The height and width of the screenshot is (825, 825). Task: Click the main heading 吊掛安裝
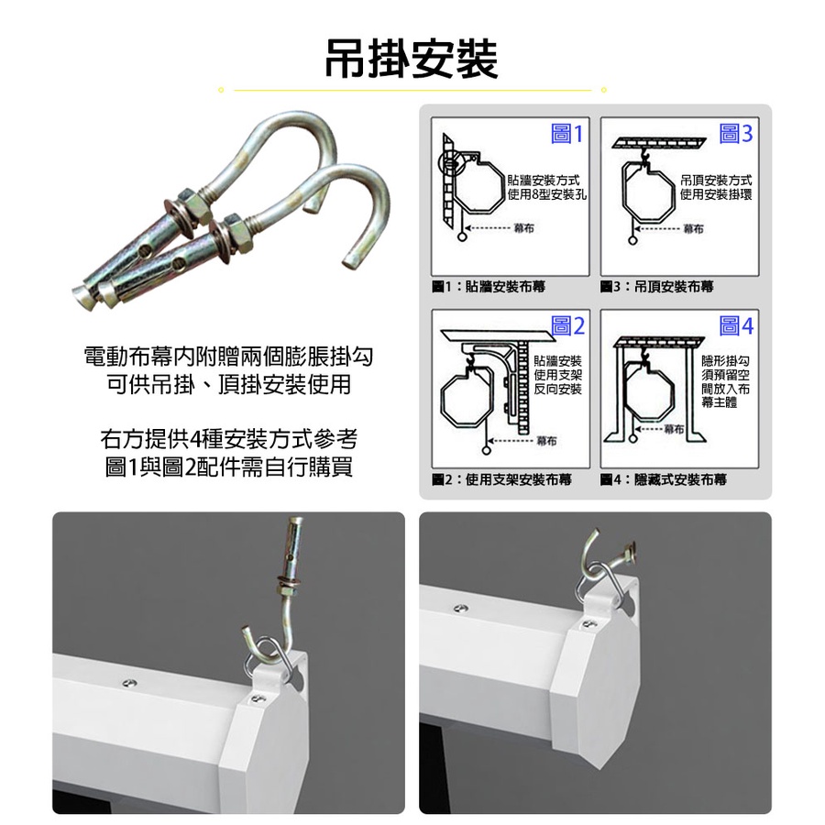click(x=412, y=59)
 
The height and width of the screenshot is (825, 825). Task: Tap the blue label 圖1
click(x=566, y=134)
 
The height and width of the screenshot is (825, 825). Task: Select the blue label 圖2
click(x=567, y=326)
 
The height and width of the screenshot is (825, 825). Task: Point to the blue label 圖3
click(x=735, y=134)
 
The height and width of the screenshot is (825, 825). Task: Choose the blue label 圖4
click(x=736, y=326)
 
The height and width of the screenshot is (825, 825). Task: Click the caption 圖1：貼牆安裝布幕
click(x=489, y=287)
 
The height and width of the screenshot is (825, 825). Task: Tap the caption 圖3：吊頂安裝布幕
click(x=656, y=287)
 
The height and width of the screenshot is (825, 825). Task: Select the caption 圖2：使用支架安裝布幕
click(x=501, y=479)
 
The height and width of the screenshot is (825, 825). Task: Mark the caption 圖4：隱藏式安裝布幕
click(x=664, y=479)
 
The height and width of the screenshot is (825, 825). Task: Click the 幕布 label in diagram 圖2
click(x=546, y=441)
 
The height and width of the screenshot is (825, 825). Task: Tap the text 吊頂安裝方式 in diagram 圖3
click(x=716, y=181)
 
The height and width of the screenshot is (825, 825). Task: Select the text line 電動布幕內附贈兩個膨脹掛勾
click(x=228, y=357)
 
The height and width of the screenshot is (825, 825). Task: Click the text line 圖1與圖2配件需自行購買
click(x=229, y=467)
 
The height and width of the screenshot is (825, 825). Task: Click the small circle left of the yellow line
click(x=221, y=90)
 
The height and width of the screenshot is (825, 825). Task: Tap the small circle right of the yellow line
click(x=603, y=90)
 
